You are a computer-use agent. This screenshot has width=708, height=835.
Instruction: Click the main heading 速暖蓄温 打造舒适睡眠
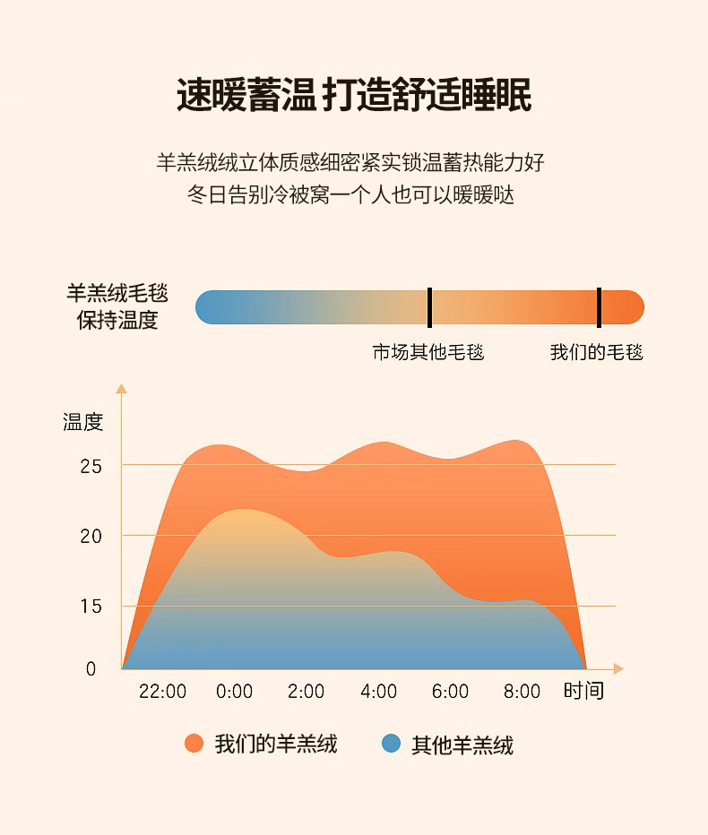[353, 95]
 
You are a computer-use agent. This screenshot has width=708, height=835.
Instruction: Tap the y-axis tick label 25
[91, 466]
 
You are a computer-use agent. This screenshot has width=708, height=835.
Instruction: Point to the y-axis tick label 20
[91, 536]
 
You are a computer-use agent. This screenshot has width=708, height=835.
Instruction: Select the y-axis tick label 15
[91, 606]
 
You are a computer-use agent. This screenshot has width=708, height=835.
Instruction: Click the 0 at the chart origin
[91, 668]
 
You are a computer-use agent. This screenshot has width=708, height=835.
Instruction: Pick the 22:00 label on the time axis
[163, 692]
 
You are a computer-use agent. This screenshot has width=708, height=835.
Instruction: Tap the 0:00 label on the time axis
[235, 692]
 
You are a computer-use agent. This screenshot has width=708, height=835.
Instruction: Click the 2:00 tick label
[307, 692]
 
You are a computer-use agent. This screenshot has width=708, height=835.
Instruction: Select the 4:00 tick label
[378, 692]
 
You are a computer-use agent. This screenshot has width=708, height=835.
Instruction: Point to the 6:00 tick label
[450, 692]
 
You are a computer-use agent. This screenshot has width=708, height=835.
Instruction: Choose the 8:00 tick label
[522, 692]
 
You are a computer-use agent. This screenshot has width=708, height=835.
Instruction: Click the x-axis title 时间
[583, 691]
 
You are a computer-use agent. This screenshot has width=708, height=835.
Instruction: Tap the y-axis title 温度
[83, 422]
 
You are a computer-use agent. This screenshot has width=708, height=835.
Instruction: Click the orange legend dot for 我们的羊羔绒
[194, 744]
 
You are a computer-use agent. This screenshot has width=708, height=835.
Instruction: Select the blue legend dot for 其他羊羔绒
[391, 744]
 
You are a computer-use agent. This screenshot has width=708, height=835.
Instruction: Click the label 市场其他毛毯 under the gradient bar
[428, 352]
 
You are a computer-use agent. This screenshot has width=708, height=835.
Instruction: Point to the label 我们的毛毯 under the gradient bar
[597, 352]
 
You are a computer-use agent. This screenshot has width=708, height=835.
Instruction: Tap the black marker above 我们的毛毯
[599, 307]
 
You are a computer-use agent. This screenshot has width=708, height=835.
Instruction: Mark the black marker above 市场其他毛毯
[429, 307]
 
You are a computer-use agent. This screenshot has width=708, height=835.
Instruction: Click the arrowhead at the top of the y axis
[122, 388]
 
